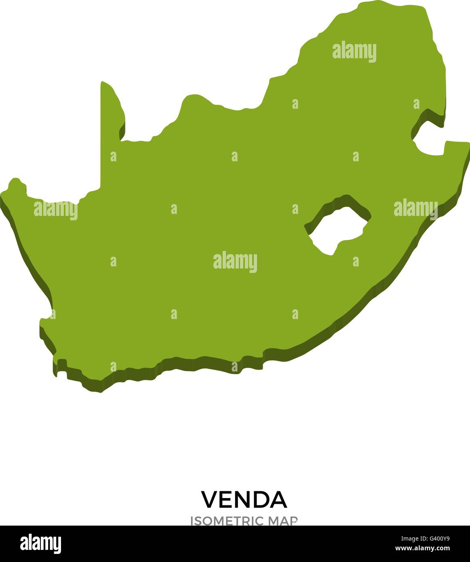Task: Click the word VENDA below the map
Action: pyautogui.click(x=244, y=500)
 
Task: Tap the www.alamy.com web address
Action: pyautogui.click(x=422, y=549)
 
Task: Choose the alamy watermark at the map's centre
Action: pyautogui.click(x=235, y=262)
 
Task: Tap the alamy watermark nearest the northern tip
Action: pyautogui.click(x=354, y=52)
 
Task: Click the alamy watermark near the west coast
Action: pyautogui.click(x=55, y=210)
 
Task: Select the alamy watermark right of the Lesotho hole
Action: pyautogui.click(x=415, y=208)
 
